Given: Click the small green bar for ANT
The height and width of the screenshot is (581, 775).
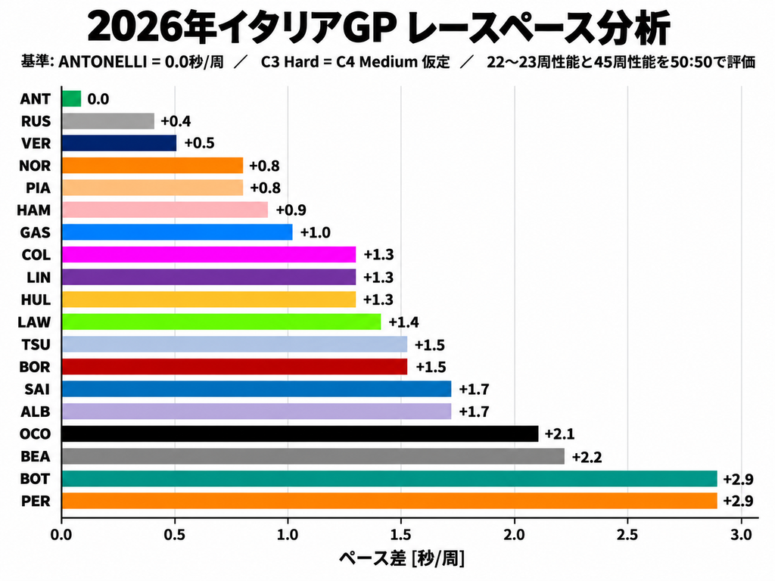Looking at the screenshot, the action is coord(72,99).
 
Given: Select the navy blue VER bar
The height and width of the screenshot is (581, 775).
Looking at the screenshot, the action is coord(119,143).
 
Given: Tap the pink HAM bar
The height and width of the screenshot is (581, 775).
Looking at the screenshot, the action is coord(165,210).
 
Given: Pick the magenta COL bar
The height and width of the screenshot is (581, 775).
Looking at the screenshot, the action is coord(209,254).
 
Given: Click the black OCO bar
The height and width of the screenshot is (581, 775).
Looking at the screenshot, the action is coord(300,433).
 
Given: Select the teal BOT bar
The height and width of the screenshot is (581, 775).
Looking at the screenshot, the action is coord(390,479).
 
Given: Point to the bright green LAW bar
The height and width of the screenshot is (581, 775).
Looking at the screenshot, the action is coord(222,322).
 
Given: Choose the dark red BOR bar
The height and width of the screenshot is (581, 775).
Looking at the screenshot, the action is coord(235,367).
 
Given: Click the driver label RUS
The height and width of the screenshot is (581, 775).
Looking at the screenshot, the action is coord(36,122).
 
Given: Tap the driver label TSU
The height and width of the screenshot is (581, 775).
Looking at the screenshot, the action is coord(36,344).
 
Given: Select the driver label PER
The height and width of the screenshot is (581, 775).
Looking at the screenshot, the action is coord(36,501).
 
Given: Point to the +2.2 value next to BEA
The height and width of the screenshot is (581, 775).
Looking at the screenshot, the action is coord(587,457).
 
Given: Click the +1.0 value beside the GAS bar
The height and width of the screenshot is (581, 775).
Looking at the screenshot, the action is coord(316,233).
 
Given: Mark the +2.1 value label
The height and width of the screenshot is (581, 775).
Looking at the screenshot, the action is coord(559,434).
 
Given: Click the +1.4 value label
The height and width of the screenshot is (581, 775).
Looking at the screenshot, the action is coord(403,322).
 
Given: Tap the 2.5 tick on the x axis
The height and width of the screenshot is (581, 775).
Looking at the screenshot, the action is coord(627,535).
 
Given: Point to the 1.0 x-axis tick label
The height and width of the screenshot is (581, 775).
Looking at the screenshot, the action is coord(288,535).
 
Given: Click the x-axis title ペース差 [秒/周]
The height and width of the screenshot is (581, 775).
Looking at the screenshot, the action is coord(401,559).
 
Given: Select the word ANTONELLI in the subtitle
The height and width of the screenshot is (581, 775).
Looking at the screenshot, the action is coord(102,62).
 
